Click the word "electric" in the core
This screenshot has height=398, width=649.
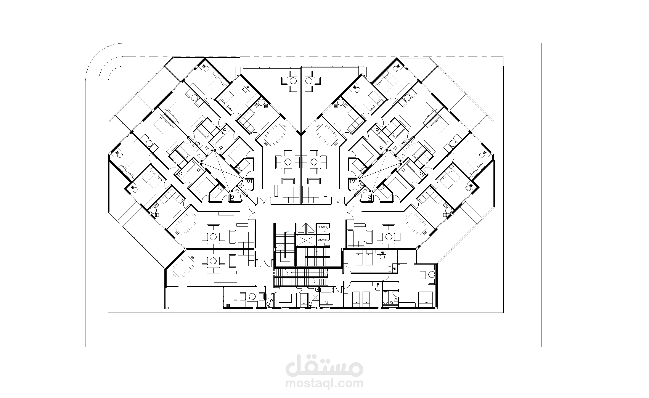point(322,226)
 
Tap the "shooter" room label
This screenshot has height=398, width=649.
point(322,240)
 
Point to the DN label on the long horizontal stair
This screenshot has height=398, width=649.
point(325,272)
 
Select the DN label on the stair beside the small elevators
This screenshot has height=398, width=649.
point(288,232)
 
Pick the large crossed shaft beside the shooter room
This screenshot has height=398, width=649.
point(305,240)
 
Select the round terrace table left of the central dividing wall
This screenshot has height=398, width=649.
point(293,80)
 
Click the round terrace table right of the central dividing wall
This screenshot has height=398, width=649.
point(309,80)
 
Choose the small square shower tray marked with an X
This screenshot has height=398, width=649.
point(315,298)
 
